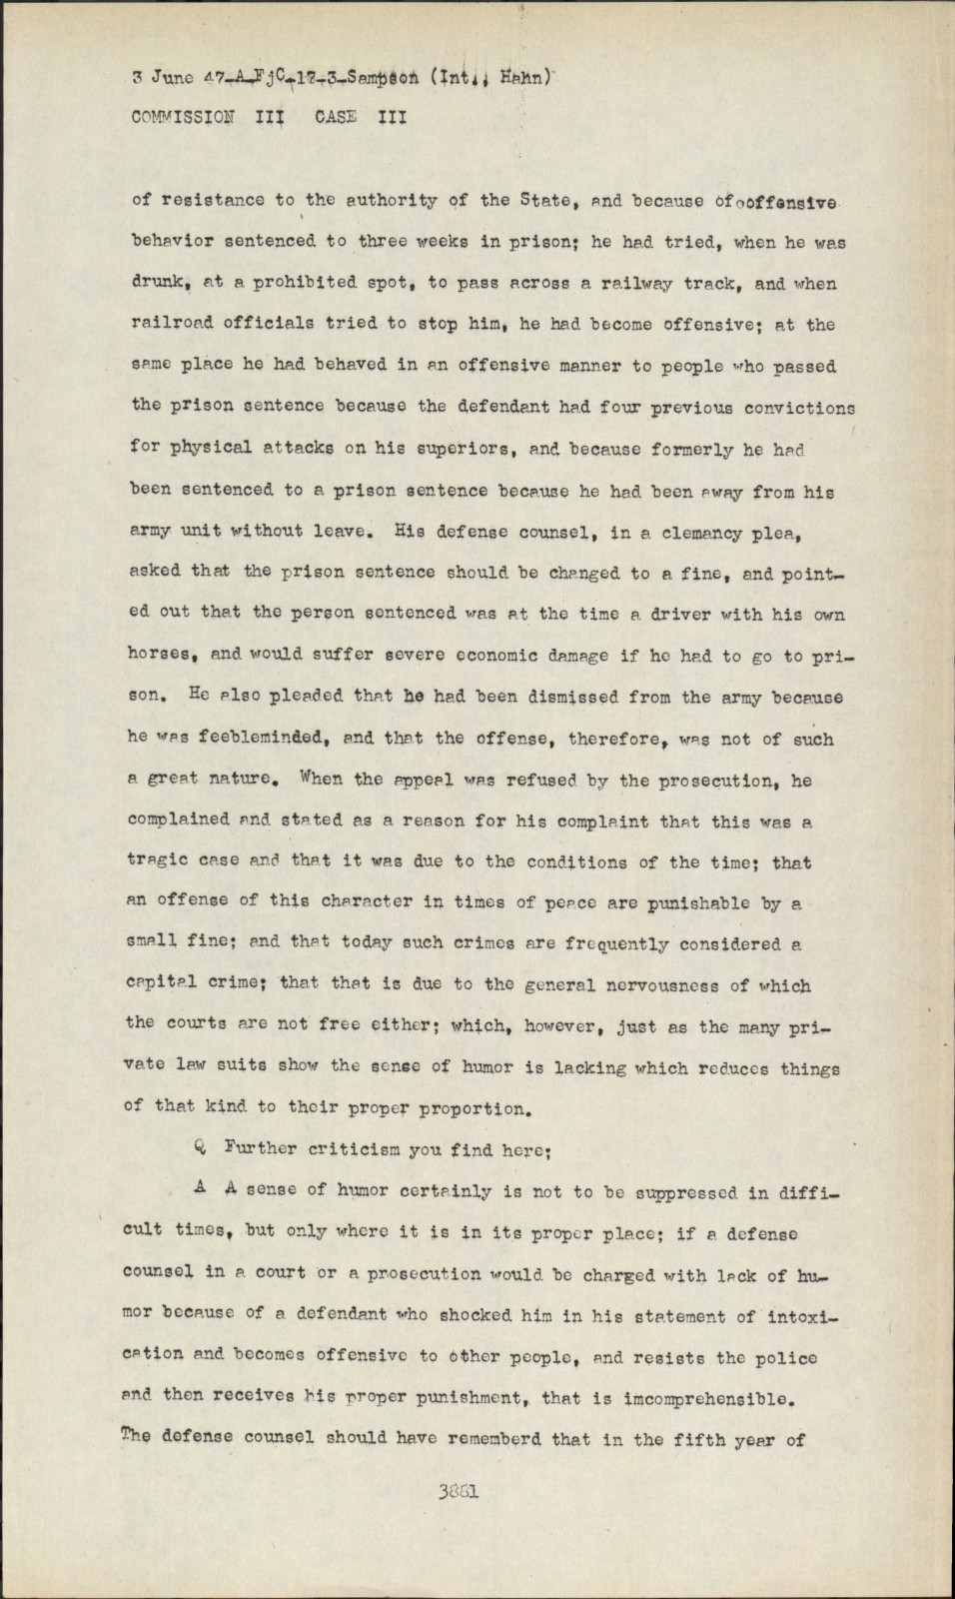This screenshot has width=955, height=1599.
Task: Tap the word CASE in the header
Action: pos(336,116)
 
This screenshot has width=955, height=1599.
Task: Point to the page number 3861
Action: pos(459,1491)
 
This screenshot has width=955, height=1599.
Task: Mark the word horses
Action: pos(162,656)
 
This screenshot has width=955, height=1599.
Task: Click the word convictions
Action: pos(791,408)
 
